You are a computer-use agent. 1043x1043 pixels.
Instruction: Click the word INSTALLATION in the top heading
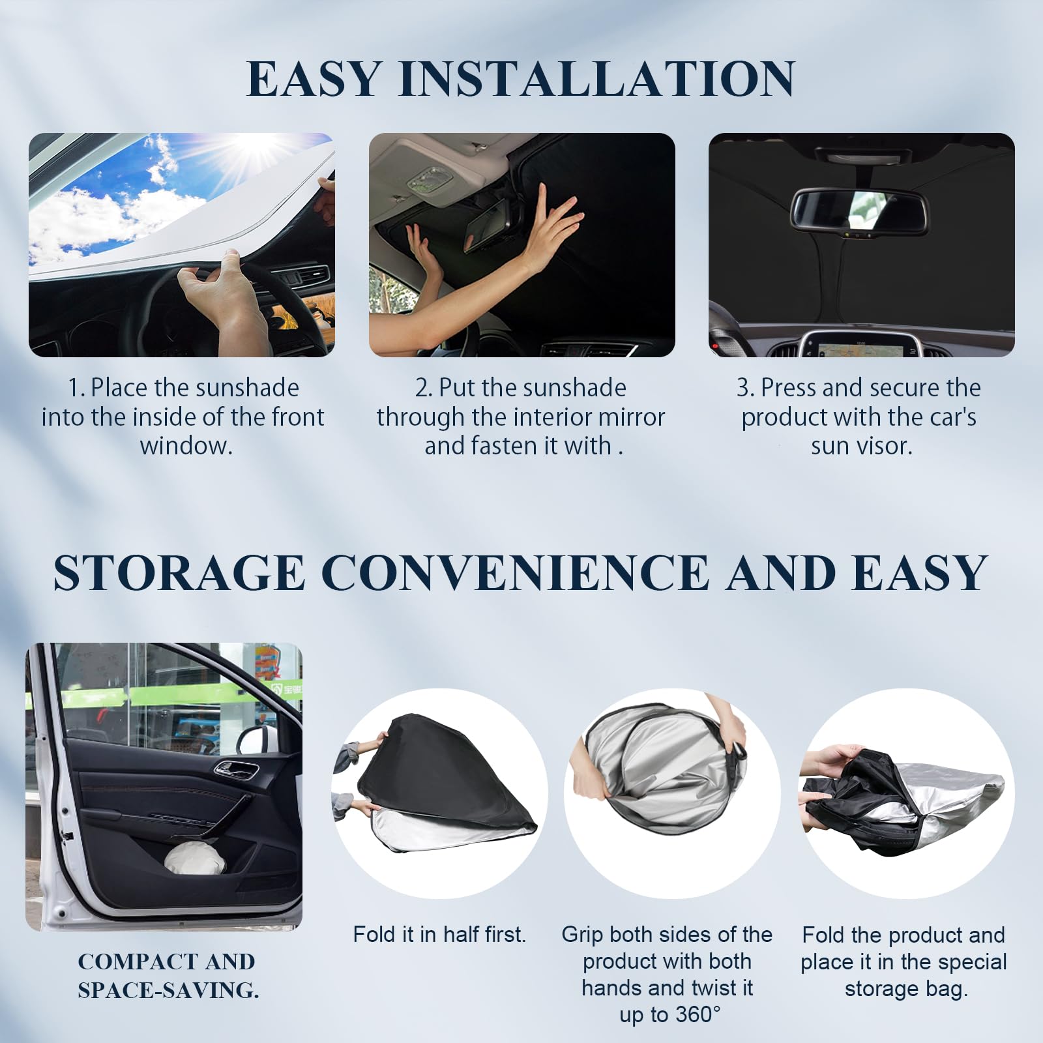[x=597, y=79]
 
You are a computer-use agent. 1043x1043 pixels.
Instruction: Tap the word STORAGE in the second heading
[x=179, y=573]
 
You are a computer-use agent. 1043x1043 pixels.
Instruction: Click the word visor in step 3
[x=885, y=447]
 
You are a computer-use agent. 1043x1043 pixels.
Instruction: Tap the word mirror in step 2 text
[x=630, y=417]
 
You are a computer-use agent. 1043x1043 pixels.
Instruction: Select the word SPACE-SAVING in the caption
[x=168, y=990]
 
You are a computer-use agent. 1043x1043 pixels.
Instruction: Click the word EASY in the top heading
[x=314, y=79]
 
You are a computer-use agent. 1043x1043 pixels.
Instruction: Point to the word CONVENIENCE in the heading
[x=514, y=573]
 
